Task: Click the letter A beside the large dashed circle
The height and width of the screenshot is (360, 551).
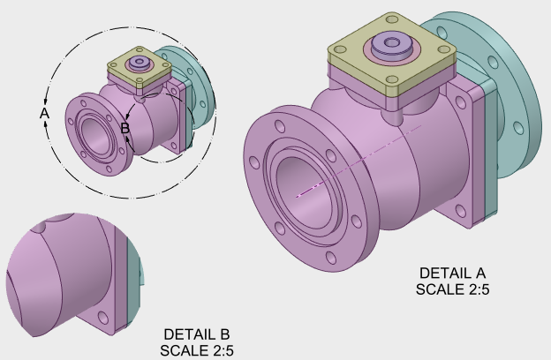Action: coord(44,114)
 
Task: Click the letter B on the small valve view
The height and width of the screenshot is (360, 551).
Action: coord(125,129)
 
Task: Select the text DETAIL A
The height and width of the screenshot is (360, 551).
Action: coord(452,273)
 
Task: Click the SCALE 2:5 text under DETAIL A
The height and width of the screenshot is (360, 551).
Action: coord(452,288)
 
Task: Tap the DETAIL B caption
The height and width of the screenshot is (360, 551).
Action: coord(197,335)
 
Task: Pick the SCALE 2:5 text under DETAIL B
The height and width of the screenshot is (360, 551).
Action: coord(197,350)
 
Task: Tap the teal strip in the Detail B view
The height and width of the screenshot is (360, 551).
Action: coord(132,291)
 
